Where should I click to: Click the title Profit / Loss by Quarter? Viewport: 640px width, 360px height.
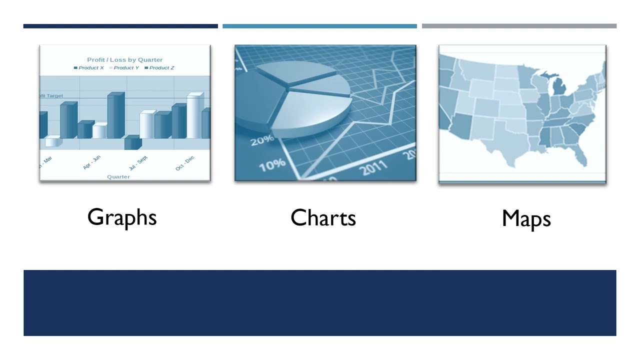pos(125,59)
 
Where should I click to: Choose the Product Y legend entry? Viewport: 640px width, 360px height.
pos(124,68)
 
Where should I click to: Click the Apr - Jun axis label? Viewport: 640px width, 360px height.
pos(92,162)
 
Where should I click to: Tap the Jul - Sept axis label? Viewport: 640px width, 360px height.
pos(138,163)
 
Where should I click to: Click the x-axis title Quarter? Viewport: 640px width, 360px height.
pos(118,177)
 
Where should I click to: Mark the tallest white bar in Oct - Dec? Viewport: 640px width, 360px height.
pos(195,116)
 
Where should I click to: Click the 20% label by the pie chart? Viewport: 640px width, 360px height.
pos(262,140)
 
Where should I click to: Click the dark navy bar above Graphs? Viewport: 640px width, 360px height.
pos(120,26)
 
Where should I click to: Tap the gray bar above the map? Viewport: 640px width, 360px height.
pos(519,26)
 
